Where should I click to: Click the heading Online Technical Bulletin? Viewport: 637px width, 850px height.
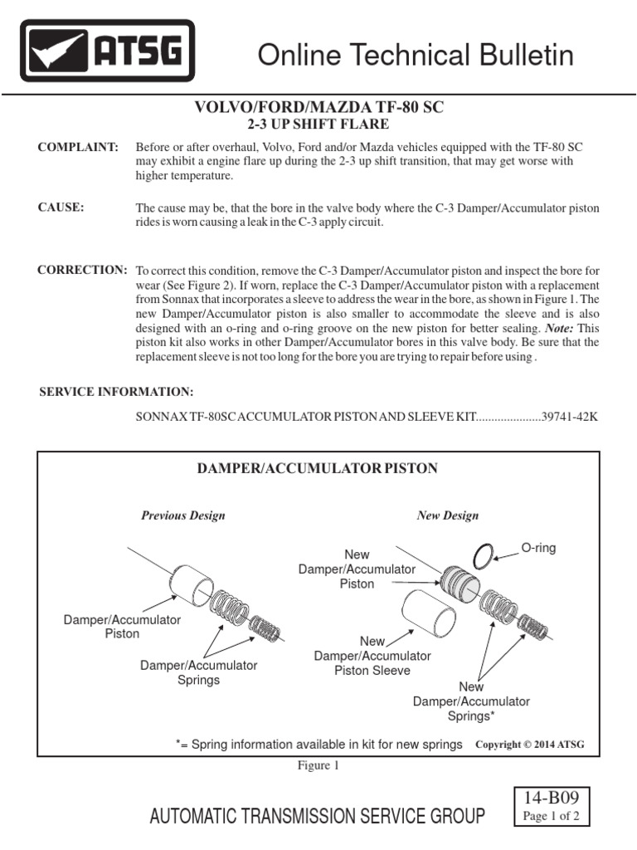click(x=416, y=55)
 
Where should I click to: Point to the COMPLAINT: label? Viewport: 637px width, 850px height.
click(x=79, y=147)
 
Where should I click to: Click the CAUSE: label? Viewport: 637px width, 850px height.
click(x=61, y=208)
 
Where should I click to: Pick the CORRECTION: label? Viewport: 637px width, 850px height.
click(x=82, y=271)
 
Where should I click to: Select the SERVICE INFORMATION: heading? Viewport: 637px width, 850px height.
click(x=116, y=391)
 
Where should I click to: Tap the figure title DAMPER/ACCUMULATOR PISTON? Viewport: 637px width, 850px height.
click(x=316, y=469)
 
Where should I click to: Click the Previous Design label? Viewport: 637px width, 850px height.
click(x=182, y=515)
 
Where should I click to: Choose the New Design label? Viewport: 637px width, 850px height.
click(x=447, y=515)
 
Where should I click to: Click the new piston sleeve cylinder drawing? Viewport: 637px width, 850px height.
click(x=428, y=616)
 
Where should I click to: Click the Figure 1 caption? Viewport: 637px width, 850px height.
click(x=318, y=765)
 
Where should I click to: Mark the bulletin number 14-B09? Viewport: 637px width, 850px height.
click(x=552, y=799)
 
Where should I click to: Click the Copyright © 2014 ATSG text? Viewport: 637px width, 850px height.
click(x=529, y=745)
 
